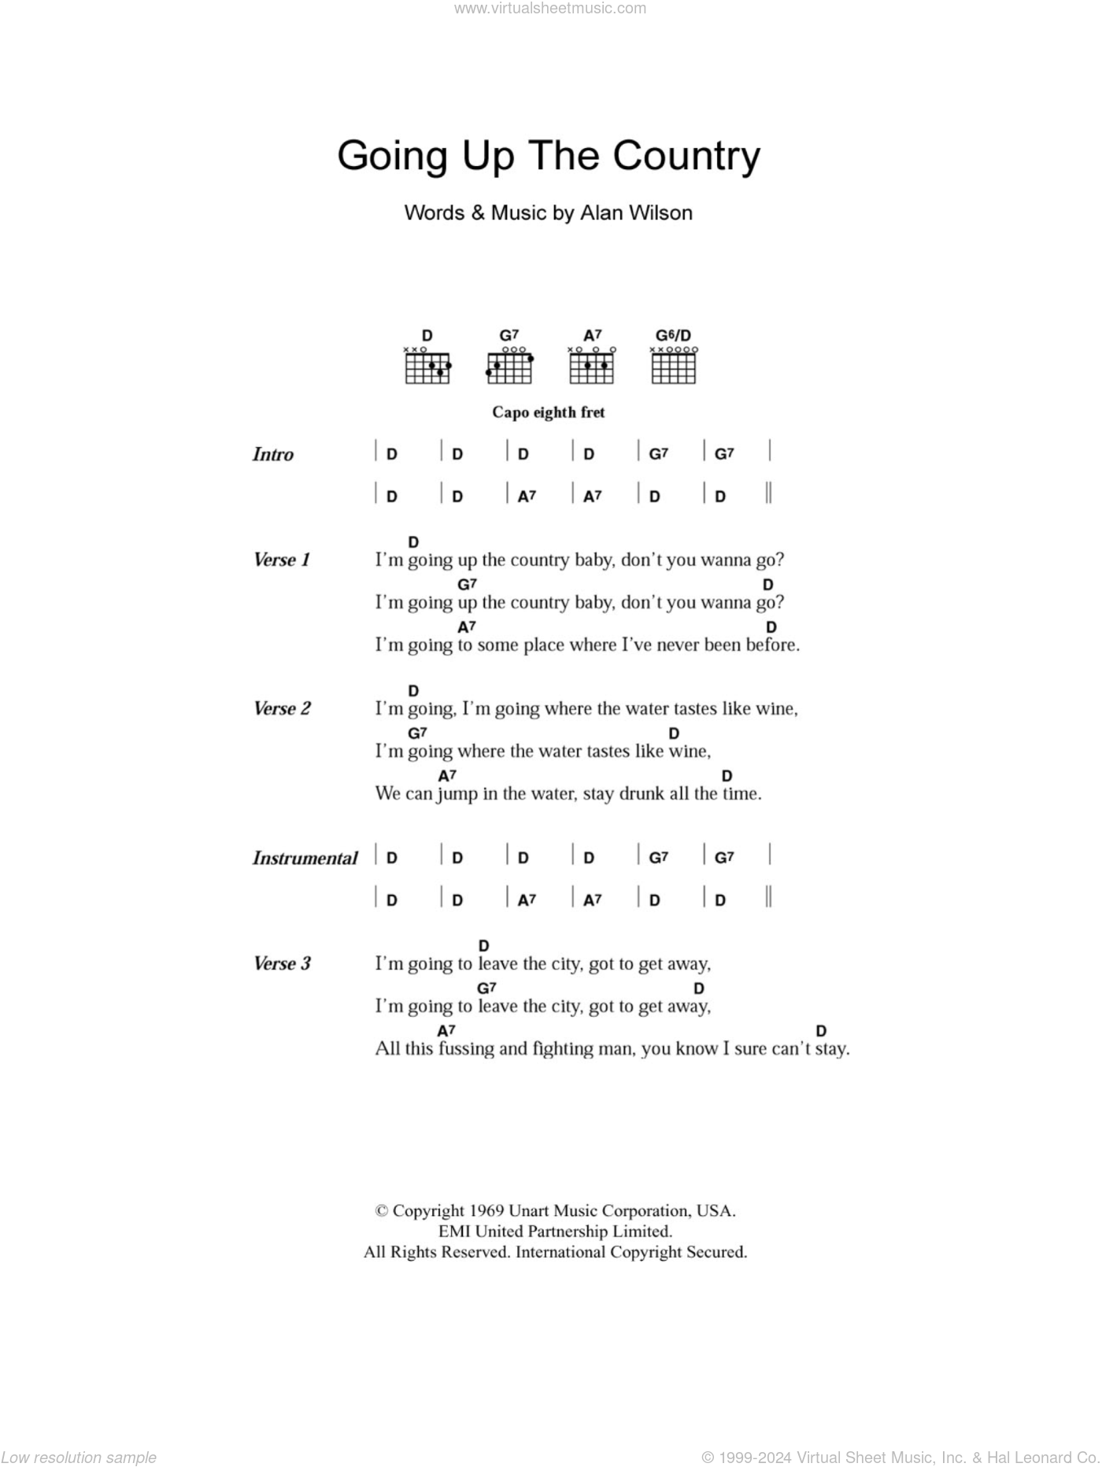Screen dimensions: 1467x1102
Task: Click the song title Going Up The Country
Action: pyautogui.click(x=549, y=156)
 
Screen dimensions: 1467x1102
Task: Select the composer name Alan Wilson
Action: pyautogui.click(x=636, y=213)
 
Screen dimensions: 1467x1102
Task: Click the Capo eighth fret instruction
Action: pyautogui.click(x=548, y=412)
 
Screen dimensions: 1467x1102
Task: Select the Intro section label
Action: pyautogui.click(x=272, y=454)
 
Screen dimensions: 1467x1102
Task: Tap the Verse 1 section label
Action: pyautogui.click(x=282, y=560)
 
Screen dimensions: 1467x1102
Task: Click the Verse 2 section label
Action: pyautogui.click(x=282, y=709)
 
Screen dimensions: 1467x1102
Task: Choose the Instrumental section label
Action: pyautogui.click(x=305, y=859)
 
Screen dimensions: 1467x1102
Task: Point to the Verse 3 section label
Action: pyautogui.click(x=282, y=964)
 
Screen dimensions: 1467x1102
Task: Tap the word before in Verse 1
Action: pyautogui.click(x=773, y=645)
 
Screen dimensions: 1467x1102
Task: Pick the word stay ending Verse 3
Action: pyautogui.click(x=831, y=1049)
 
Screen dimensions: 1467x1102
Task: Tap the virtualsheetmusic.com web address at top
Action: pyautogui.click(x=550, y=9)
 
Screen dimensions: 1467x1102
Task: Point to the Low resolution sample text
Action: pyautogui.click(x=79, y=1458)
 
